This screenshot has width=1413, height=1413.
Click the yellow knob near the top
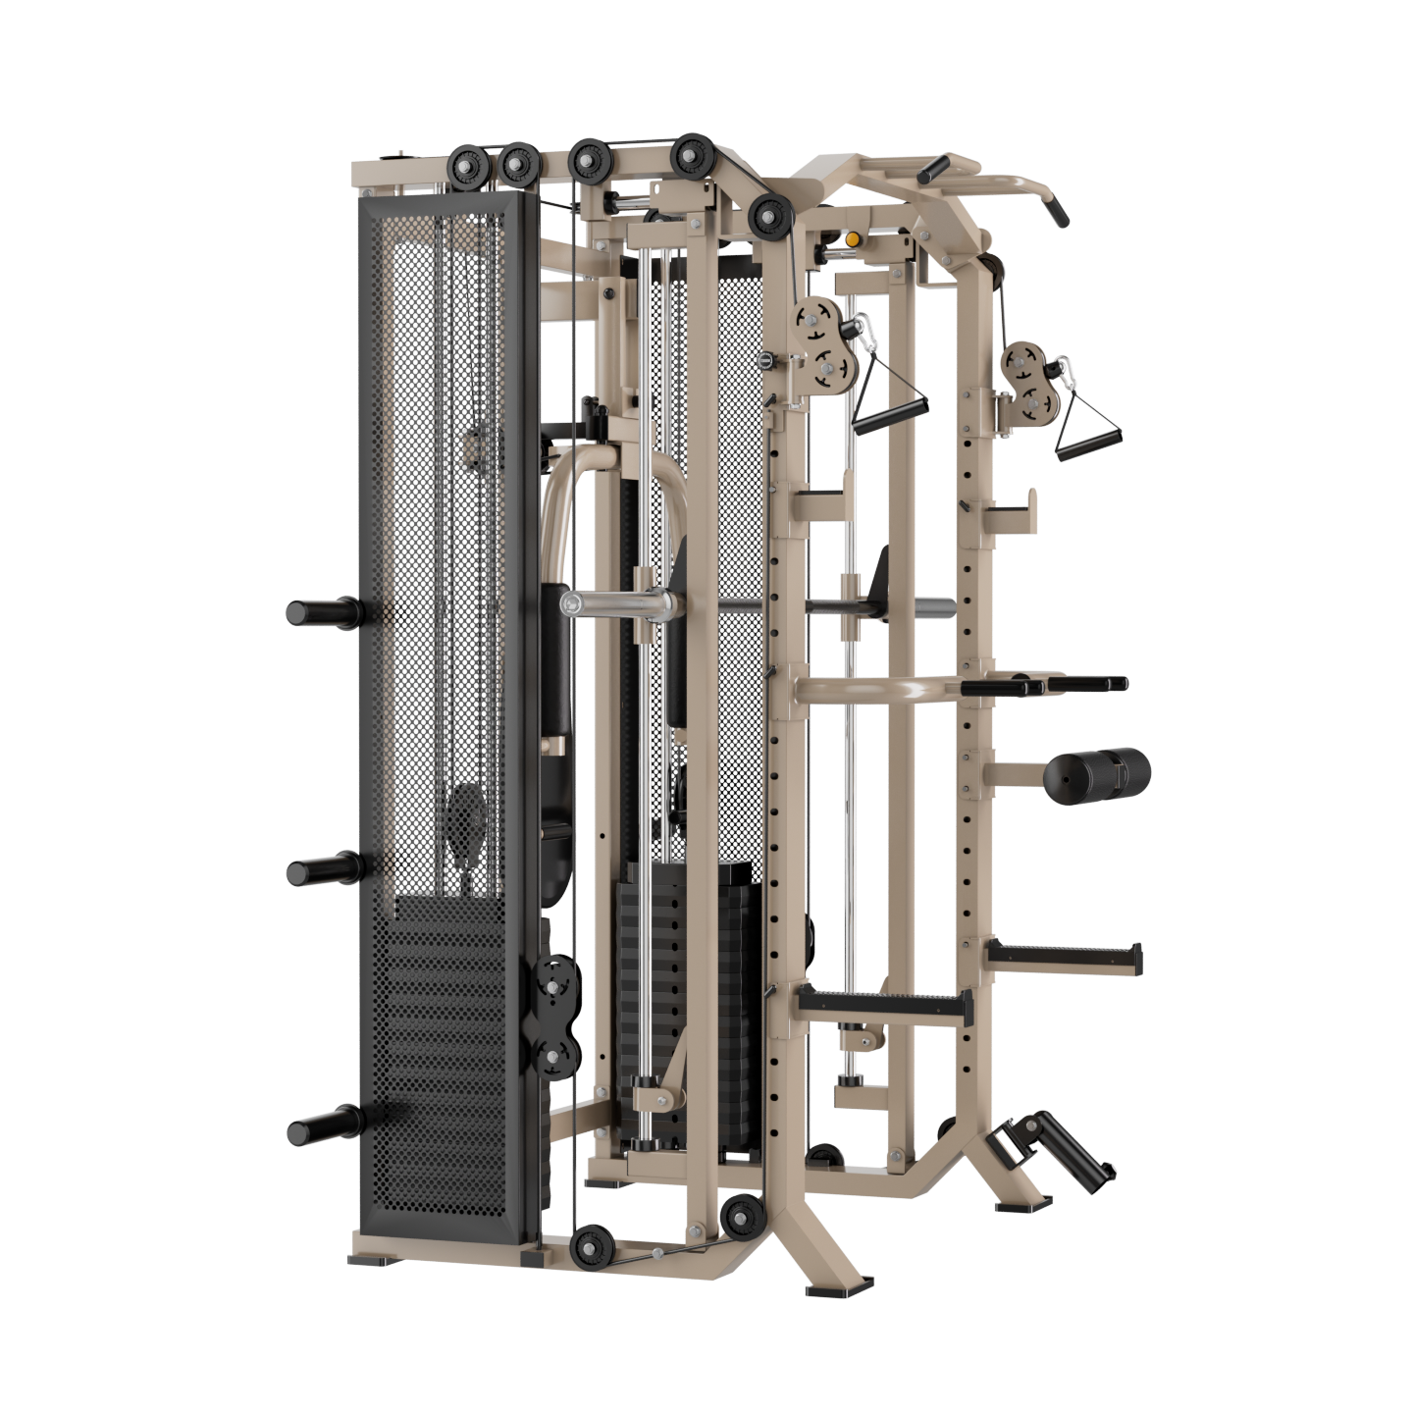pos(853,239)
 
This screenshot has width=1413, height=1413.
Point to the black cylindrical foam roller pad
pos(1095,773)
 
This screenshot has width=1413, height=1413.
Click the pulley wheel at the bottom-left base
pos(593,1246)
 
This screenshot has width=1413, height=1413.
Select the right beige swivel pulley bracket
pos(1025,382)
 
